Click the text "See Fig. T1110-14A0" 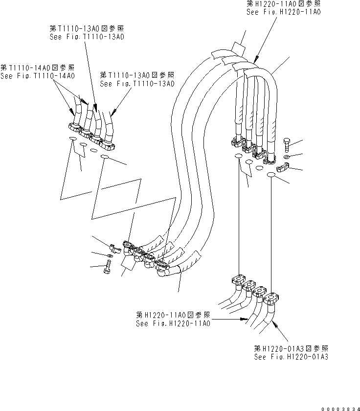(x=38, y=76)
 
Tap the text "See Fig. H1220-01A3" (x=291, y=357)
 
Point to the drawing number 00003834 (x=340, y=409)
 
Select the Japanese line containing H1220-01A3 (x=291, y=348)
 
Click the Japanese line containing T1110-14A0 (x=38, y=68)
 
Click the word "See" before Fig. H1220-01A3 (x=260, y=357)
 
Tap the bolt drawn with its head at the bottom (x=108, y=267)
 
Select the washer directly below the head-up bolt (x=287, y=157)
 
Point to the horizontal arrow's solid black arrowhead (x=244, y=319)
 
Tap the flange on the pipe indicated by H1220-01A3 (x=271, y=298)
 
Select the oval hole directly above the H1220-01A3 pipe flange (x=271, y=175)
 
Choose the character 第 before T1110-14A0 (x=4, y=68)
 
